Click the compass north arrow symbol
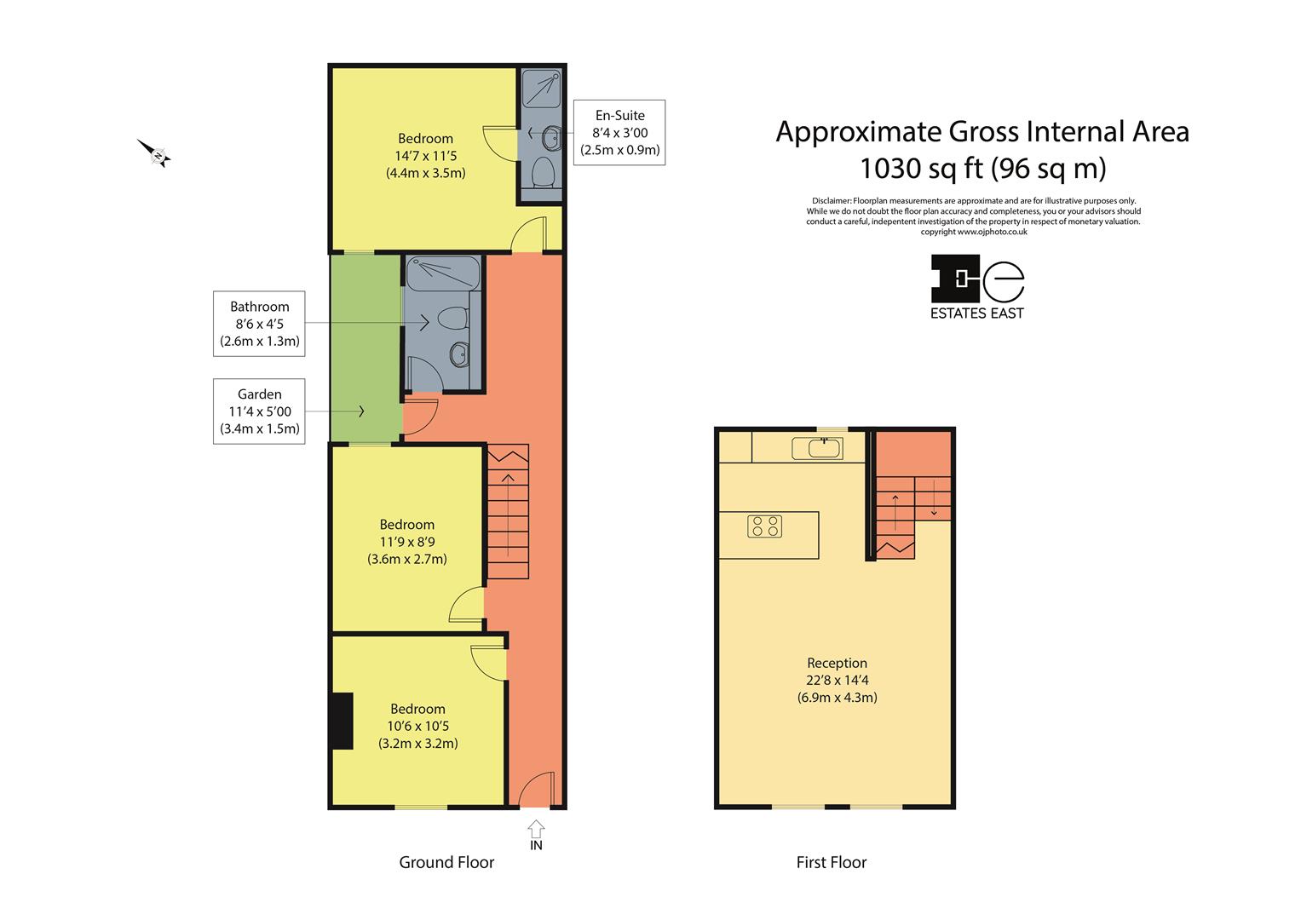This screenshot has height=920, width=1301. (x=154, y=153)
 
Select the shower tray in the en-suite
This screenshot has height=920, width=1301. (x=541, y=89)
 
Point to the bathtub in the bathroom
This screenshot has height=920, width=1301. (x=443, y=274)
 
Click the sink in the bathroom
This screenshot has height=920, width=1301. (x=459, y=354)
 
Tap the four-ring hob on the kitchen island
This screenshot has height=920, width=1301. (x=764, y=526)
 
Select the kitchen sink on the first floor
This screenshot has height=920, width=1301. (x=817, y=448)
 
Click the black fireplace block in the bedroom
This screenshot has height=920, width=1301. (x=343, y=721)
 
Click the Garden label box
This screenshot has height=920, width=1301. (x=259, y=411)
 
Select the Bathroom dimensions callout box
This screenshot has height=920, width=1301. (x=259, y=324)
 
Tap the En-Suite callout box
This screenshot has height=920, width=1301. (x=619, y=132)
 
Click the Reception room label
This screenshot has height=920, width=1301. (x=837, y=663)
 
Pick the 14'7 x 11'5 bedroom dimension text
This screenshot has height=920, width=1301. (x=426, y=156)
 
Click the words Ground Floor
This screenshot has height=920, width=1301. (x=446, y=862)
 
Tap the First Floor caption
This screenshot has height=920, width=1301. (x=832, y=862)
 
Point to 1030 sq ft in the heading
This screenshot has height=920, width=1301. (x=922, y=169)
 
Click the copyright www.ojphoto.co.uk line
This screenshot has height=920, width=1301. (x=974, y=232)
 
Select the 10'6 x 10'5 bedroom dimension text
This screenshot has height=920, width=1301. (x=418, y=726)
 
